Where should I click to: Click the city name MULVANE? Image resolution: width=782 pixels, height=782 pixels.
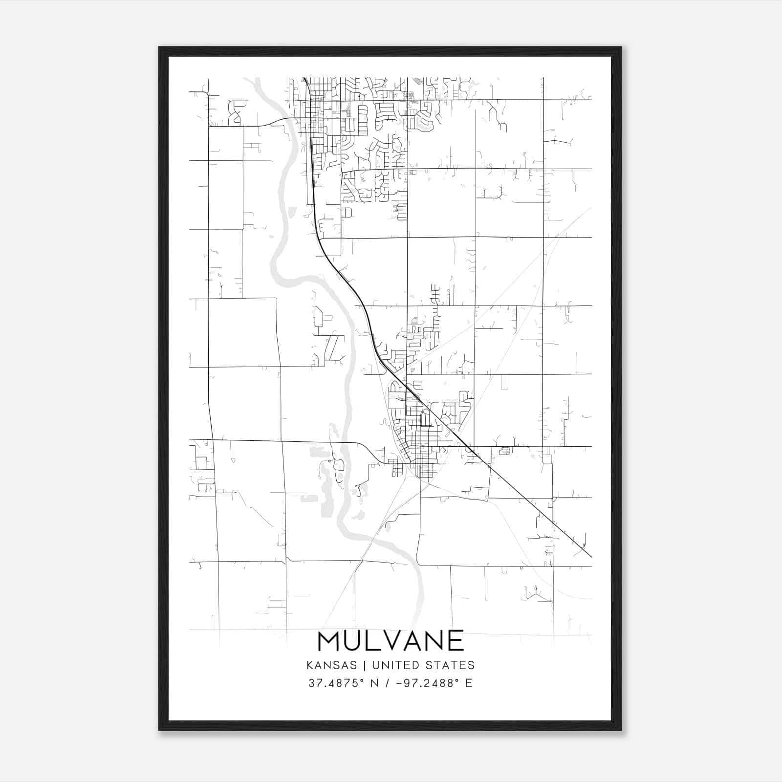391,641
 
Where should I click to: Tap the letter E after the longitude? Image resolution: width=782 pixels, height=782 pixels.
469,683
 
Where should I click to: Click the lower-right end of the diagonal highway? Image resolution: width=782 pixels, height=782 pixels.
591,557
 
